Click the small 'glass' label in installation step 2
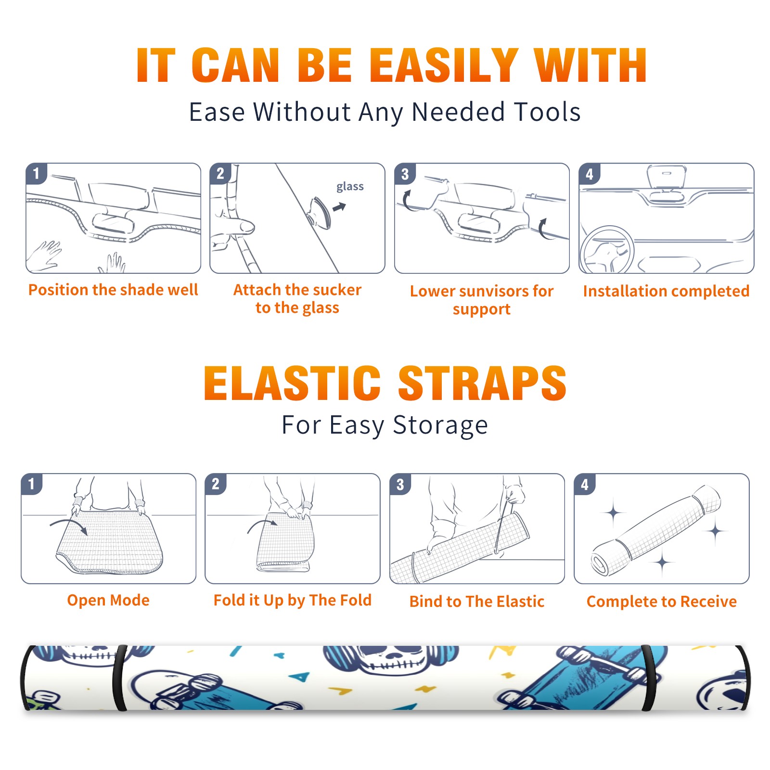350,187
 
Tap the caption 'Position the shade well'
113,290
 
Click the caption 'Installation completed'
666,291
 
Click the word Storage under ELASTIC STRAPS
440,425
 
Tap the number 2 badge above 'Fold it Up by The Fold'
216,484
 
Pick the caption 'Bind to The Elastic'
476,601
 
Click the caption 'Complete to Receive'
662,601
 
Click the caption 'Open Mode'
108,600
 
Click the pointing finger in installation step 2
233,226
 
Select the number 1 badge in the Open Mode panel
32,484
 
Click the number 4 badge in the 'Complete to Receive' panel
585,484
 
